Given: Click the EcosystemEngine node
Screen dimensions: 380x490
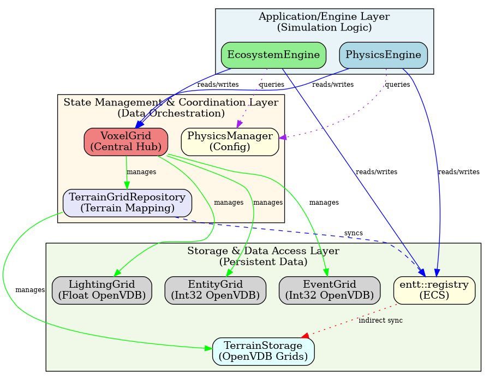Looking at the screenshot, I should coord(273,55).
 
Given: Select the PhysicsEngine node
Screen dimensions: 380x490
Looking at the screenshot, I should coord(384,55).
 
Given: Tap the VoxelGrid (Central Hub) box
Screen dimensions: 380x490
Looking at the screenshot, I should coord(126,141).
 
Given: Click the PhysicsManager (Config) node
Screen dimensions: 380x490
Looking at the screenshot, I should coord(230,141).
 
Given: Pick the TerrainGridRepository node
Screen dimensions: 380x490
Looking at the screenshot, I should coord(127,203).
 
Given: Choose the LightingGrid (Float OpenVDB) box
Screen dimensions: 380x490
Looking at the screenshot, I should coord(101,289).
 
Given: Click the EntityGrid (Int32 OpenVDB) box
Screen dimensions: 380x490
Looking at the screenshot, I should coord(215,289).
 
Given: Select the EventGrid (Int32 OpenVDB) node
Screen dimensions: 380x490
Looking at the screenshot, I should coord(329,289).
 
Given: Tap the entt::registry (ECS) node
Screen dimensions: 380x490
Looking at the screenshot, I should coord(434,289).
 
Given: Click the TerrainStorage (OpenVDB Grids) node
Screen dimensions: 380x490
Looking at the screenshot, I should coord(263,351).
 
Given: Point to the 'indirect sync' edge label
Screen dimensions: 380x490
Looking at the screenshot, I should coord(380,320).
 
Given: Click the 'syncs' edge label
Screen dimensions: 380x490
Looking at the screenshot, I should coord(353,233).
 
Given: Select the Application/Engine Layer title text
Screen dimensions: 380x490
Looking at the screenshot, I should coord(324,21).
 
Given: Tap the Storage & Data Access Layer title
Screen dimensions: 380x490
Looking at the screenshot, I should coord(263,256).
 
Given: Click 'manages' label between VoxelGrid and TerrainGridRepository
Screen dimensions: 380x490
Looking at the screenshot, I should coord(141,172).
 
